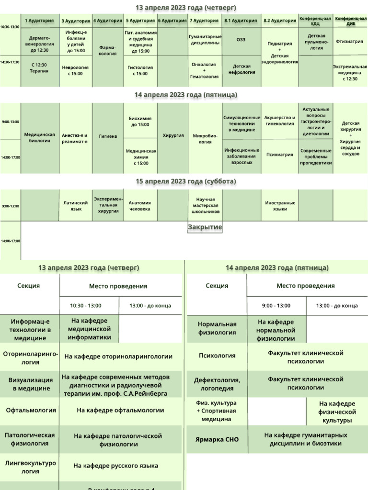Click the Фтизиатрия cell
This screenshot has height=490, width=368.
pyautogui.click(x=349, y=42)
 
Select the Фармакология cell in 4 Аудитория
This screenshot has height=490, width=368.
pyautogui.click(x=107, y=51)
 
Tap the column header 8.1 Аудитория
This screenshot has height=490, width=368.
pyautogui.click(x=241, y=21)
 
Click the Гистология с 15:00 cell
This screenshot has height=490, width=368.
pyautogui.click(x=140, y=70)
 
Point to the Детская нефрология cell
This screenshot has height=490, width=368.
pyautogui.click(x=241, y=70)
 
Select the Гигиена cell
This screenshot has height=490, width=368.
pyautogui.click(x=108, y=136)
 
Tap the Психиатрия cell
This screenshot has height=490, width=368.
pyautogui.click(x=279, y=155)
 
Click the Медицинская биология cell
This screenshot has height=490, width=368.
pyautogui.click(x=40, y=138)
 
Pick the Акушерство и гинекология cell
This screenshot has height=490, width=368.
pyautogui.click(x=279, y=121)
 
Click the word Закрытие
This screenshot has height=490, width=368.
pyautogui.click(x=205, y=227)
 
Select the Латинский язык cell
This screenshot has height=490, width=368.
pyautogui.click(x=76, y=206)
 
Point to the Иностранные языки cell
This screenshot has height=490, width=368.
pyautogui.click(x=279, y=206)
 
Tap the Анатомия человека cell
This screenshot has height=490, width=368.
pyautogui.click(x=140, y=206)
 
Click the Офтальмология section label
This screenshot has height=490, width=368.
pyautogui.click(x=31, y=410)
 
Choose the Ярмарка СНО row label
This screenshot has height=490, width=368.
pyautogui.click(x=217, y=439)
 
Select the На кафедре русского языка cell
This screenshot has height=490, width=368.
pyautogui.click(x=116, y=466)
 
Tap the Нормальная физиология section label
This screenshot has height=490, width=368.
pyautogui.click(x=217, y=328)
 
